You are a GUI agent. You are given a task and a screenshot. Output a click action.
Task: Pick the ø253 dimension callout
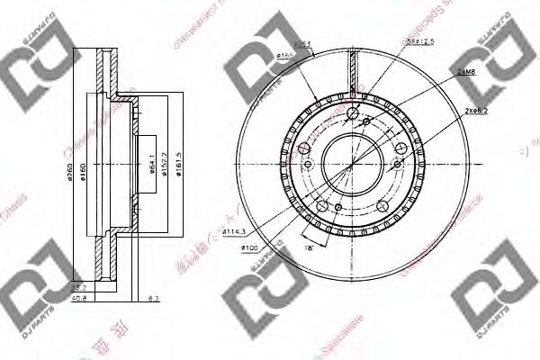point(301,44)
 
